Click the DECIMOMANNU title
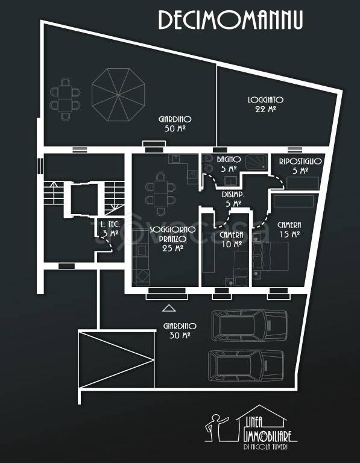(230, 20)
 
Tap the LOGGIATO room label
(265, 100)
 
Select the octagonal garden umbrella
(118, 95)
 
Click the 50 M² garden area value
(175, 128)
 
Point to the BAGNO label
(229, 159)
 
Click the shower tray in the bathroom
(257, 162)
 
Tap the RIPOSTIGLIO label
(300, 161)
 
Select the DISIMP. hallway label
(233, 195)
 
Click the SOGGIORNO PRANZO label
(172, 234)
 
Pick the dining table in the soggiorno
(160, 194)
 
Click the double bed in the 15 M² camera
(271, 256)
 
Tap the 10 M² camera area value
(232, 244)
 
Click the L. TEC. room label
(110, 224)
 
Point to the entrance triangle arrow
(169, 308)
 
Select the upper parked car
(249, 326)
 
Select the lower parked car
(245, 365)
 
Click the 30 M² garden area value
(180, 335)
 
